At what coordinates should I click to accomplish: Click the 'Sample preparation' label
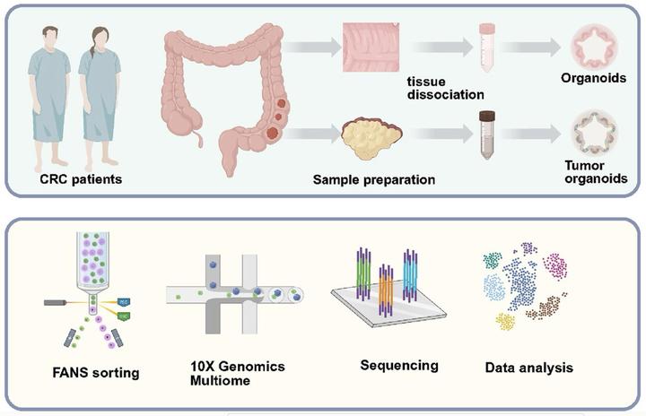(x=374, y=179)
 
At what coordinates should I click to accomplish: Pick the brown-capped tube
(x=487, y=134)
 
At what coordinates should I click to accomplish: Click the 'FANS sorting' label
(x=94, y=372)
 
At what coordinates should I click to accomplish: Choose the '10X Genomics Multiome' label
(x=223, y=376)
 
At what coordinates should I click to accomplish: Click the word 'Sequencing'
(x=398, y=366)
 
